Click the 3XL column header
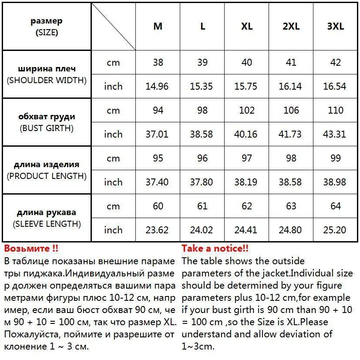point(335,26)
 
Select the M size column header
point(158,26)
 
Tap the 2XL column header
point(291,26)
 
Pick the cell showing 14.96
point(157,86)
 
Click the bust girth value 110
point(335,110)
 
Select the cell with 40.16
point(246,134)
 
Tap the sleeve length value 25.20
point(335,230)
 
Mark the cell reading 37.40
point(157,182)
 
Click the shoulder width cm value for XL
point(246,62)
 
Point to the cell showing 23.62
point(157,230)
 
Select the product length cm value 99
point(335,158)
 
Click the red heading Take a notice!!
point(215,249)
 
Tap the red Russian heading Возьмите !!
point(31,249)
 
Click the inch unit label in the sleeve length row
point(113,230)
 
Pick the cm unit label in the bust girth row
point(113,110)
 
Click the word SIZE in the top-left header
point(47,32)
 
